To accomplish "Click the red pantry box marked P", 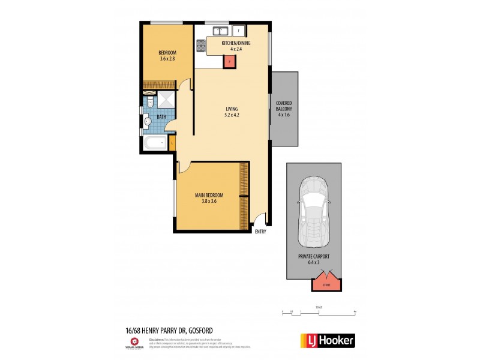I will click(x=228, y=60).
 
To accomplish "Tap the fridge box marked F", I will click(x=239, y=31).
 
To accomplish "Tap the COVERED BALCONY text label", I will click(x=284, y=109).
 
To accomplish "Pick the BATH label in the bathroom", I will click(x=161, y=117).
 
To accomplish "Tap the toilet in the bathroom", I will click(x=150, y=103).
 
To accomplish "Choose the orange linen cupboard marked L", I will click(x=172, y=143).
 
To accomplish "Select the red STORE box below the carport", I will click(x=327, y=281).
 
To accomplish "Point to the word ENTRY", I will click(x=260, y=232).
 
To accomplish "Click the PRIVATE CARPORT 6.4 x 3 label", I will click(x=313, y=259).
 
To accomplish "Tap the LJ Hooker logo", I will click(x=327, y=341).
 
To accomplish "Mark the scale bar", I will click(x=319, y=312).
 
